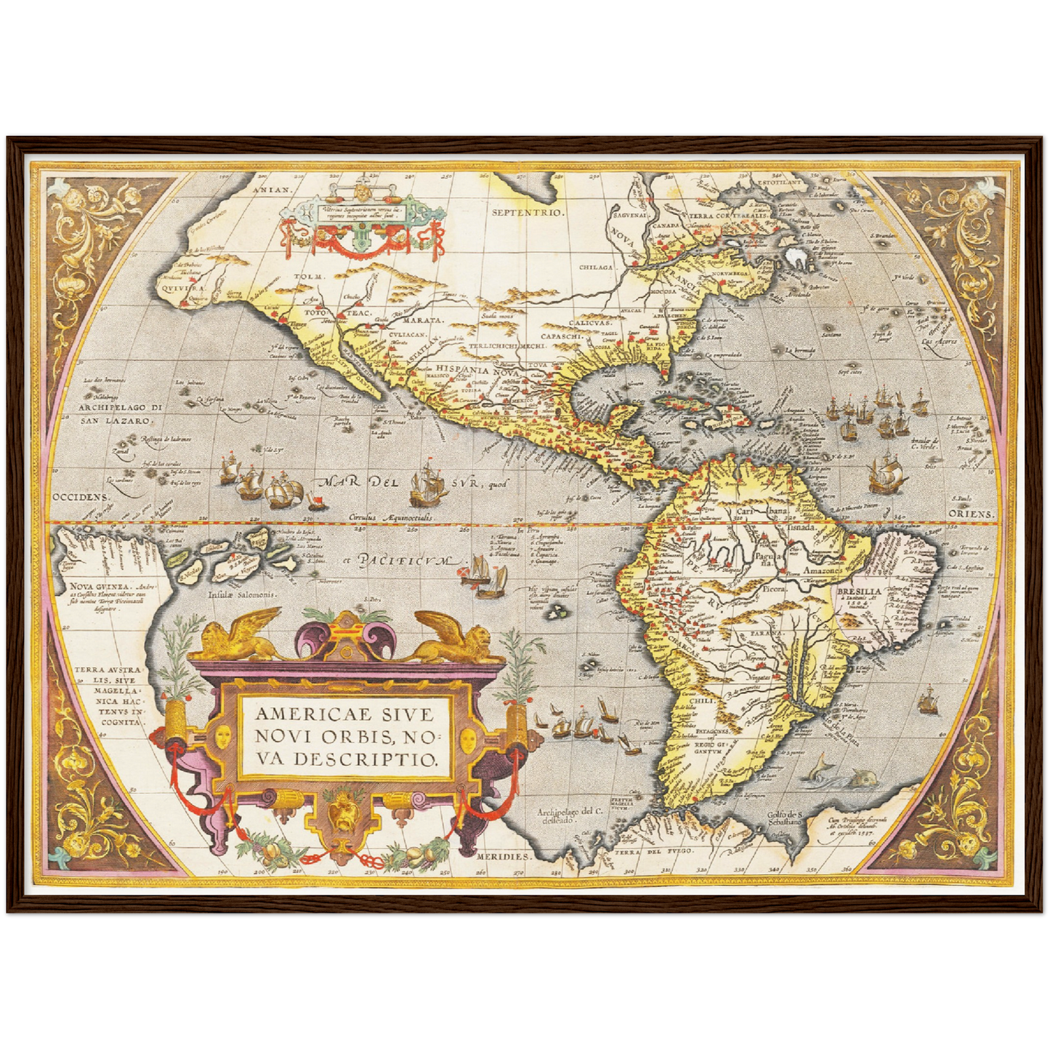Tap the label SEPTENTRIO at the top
[x=528, y=213]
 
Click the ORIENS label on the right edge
[x=971, y=514]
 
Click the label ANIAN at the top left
[x=271, y=189]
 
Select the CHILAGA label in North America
[x=597, y=267]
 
